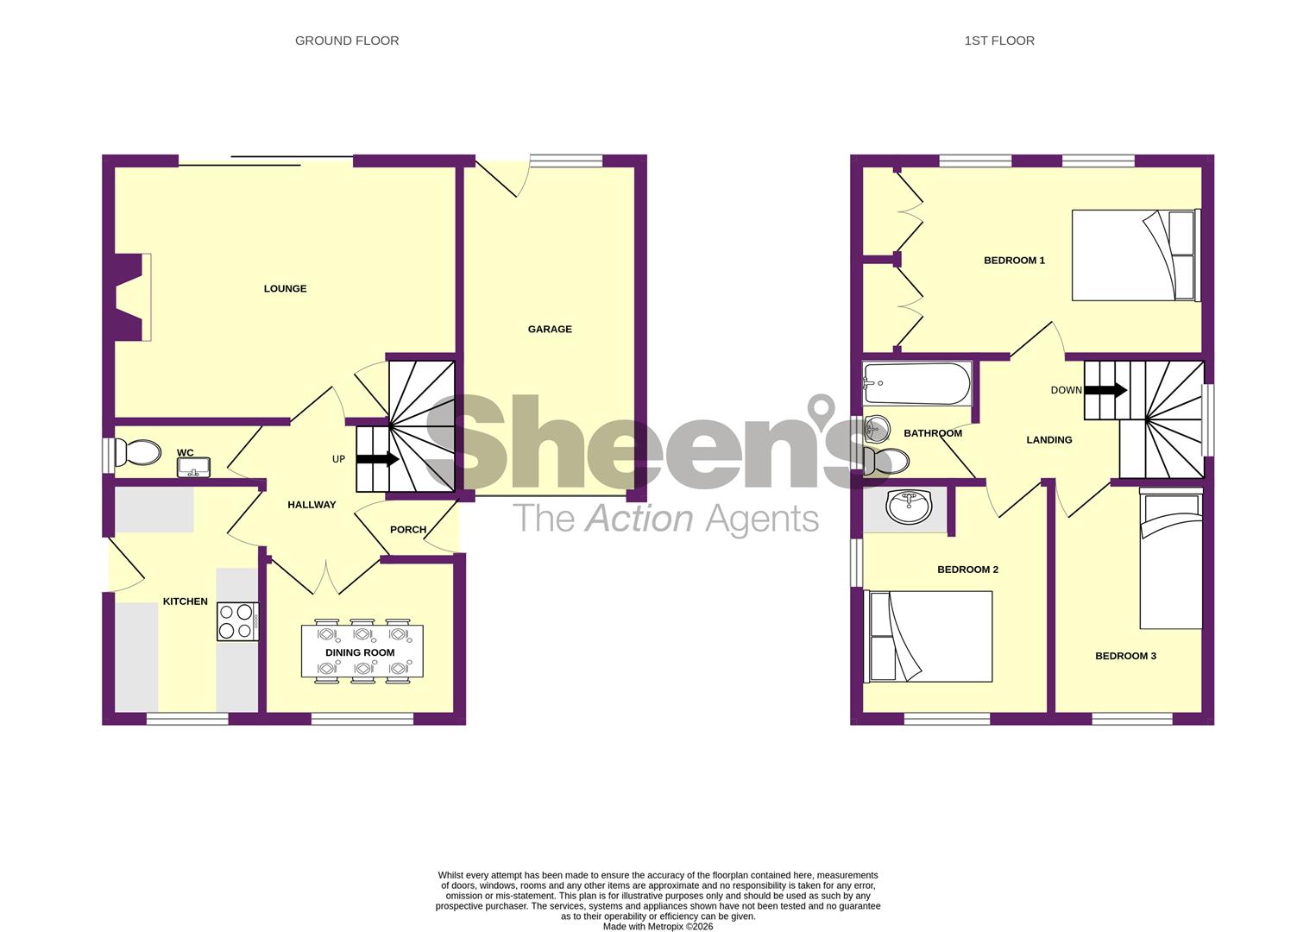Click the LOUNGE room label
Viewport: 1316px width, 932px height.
pos(285,289)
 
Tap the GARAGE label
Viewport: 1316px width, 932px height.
pos(550,329)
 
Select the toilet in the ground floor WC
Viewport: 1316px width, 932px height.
pos(139,452)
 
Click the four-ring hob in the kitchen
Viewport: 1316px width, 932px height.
pos(237,621)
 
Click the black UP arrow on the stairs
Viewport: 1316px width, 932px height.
pos(377,459)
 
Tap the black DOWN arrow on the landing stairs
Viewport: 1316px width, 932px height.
pos(1105,390)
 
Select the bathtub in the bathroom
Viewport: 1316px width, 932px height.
pos(917,384)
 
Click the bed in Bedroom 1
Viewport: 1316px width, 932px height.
pos(1135,255)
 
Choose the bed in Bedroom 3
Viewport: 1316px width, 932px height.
pos(1170,558)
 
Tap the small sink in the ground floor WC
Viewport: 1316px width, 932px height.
pos(193,468)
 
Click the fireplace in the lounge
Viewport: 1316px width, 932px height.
pos(130,297)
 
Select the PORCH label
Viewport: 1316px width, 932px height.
pos(408,530)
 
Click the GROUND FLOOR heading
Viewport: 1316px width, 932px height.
pos(347,41)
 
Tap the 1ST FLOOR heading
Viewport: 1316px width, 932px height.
pos(999,41)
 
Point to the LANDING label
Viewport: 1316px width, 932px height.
pos(1048,440)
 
